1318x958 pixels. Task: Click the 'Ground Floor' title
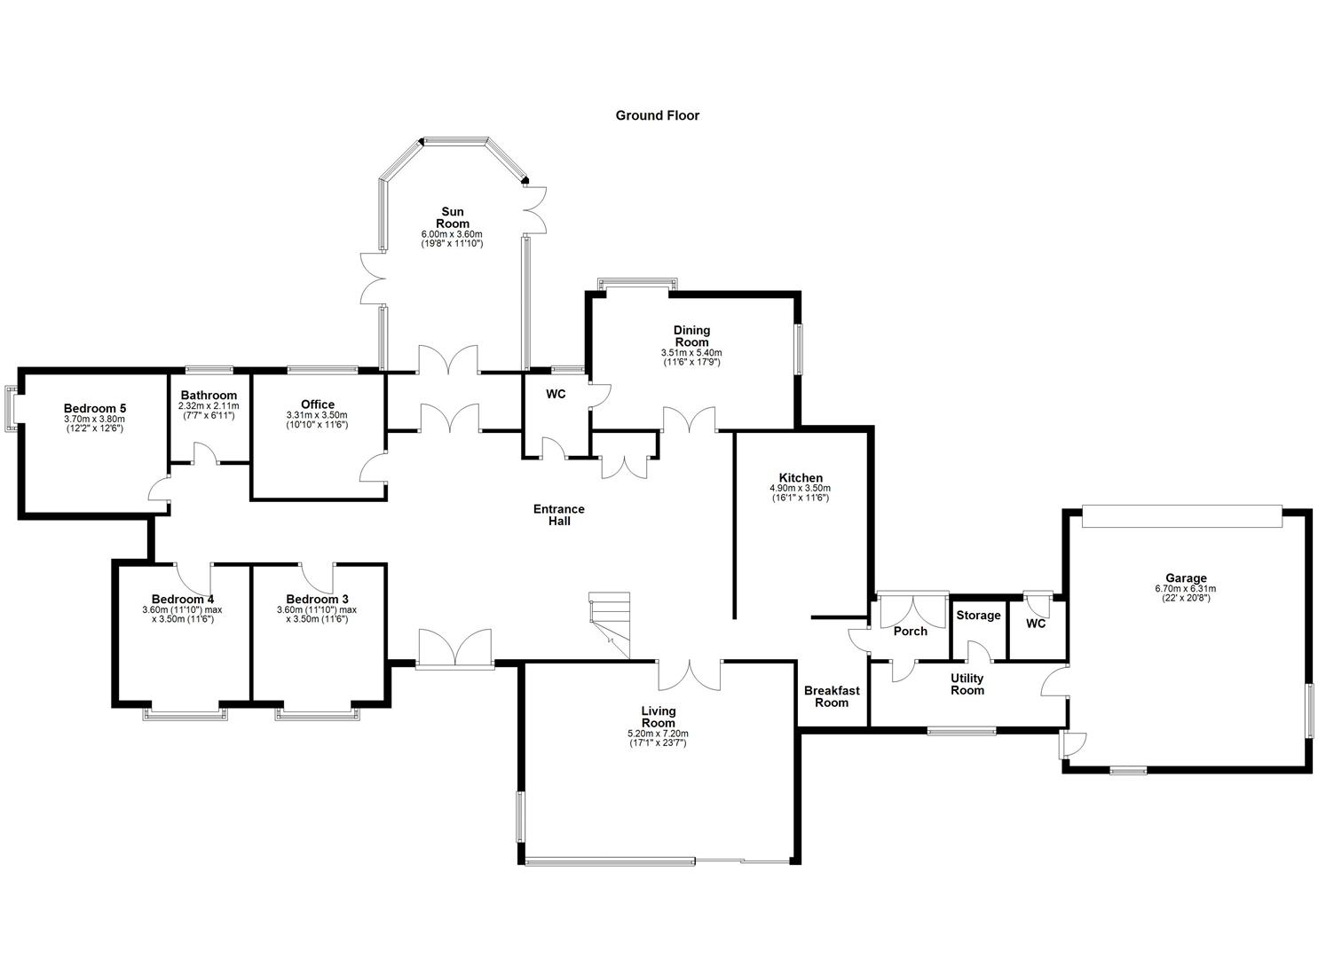[x=657, y=115]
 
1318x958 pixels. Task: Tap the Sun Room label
[x=452, y=217]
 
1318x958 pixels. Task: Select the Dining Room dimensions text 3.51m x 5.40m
[x=691, y=353]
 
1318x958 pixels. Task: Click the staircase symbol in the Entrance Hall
[x=610, y=625]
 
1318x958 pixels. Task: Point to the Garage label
[x=1185, y=578]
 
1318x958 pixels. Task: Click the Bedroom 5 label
[x=94, y=409]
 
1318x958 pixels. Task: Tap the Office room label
[x=317, y=404]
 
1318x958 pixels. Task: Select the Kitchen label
[x=800, y=478]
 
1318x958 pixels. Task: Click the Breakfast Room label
[x=831, y=696]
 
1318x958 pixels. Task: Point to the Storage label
[x=978, y=616]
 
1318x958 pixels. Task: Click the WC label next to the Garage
[x=1036, y=624]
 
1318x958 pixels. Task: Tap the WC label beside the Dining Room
[x=556, y=394]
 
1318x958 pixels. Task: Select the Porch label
[x=910, y=632]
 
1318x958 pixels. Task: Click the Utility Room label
[x=967, y=684]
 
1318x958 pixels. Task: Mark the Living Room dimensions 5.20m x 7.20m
[x=658, y=734]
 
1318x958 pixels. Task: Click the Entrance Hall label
[x=558, y=514]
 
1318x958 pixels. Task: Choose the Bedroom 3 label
[x=317, y=599]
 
